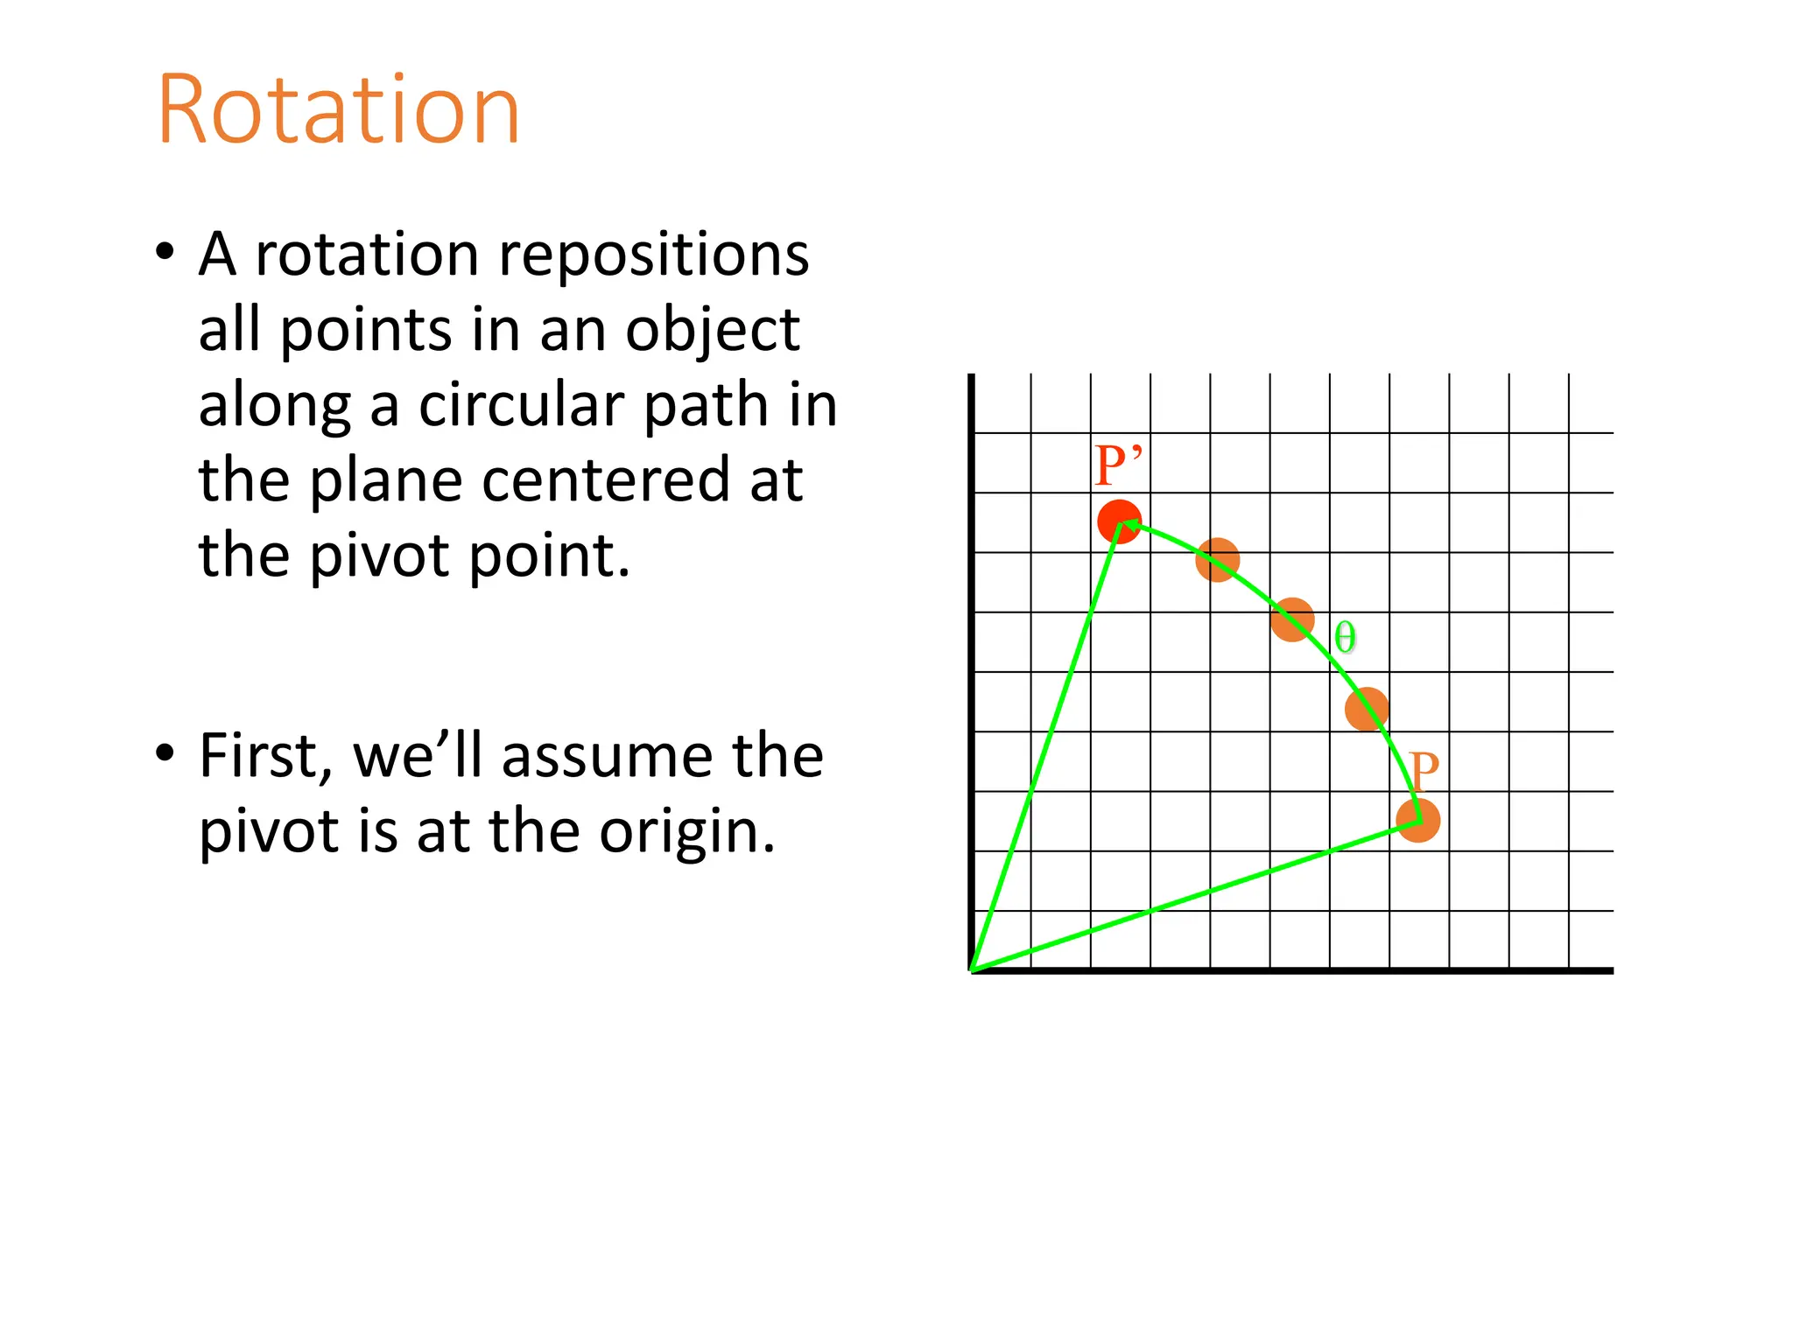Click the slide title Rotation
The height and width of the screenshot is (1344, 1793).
coord(338,110)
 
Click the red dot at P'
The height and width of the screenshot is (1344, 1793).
coord(1119,522)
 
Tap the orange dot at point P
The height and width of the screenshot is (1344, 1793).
coord(1417,821)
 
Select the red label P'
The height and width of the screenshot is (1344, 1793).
coord(1118,465)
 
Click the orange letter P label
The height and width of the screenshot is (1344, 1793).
coord(1424,771)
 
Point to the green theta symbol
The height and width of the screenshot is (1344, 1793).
coord(1345,637)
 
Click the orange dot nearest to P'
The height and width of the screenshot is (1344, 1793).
coord(1217,560)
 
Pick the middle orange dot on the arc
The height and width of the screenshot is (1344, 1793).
coord(1292,619)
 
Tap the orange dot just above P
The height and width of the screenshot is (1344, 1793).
coord(1366,709)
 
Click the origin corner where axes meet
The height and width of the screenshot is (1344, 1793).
coord(973,969)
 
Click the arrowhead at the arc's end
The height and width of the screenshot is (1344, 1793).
coord(1129,524)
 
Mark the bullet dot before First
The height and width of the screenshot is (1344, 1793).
coord(165,754)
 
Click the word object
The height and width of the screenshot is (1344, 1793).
coord(712,331)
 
